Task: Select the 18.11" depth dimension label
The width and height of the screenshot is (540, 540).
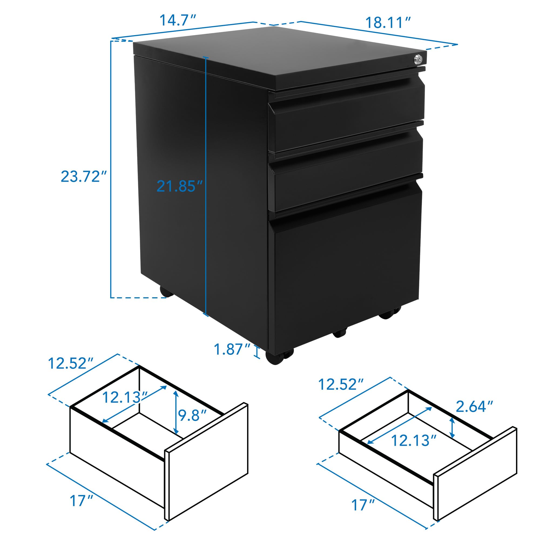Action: click(388, 23)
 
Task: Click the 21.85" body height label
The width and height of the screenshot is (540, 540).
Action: click(180, 186)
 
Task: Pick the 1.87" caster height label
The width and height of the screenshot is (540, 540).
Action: click(232, 349)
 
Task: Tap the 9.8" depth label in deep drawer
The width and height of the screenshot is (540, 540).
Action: click(192, 415)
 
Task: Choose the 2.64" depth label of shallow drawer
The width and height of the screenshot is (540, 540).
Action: click(474, 407)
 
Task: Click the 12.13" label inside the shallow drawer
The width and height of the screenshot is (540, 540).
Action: click(414, 441)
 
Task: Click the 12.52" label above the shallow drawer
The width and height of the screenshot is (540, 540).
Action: click(341, 384)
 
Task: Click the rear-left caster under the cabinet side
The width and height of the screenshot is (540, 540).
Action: click(166, 292)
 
